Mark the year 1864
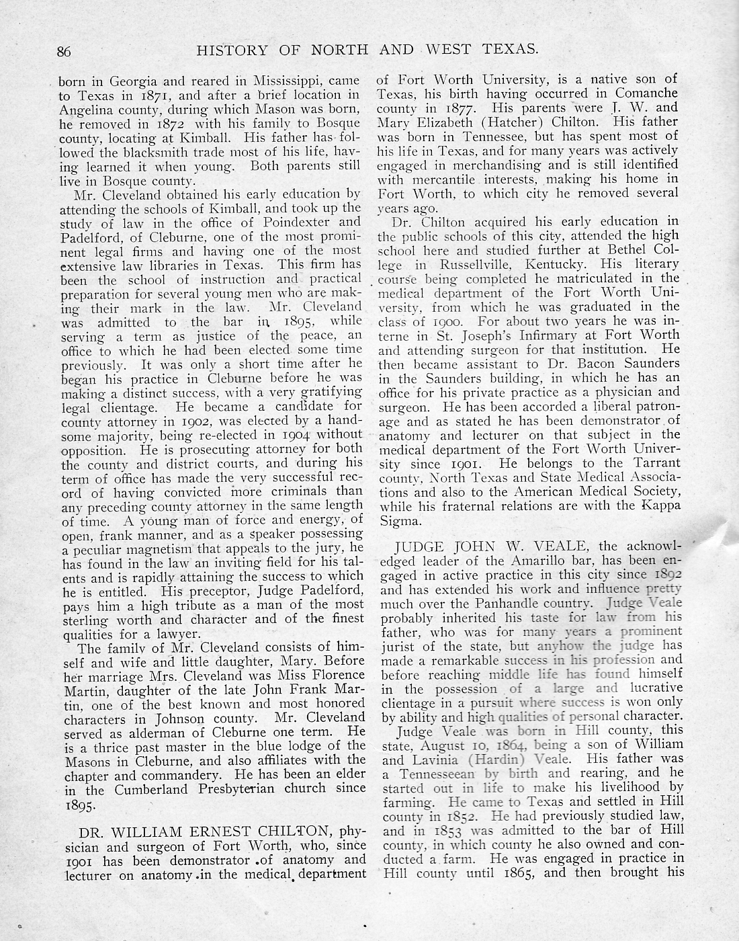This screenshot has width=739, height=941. [x=511, y=745]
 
